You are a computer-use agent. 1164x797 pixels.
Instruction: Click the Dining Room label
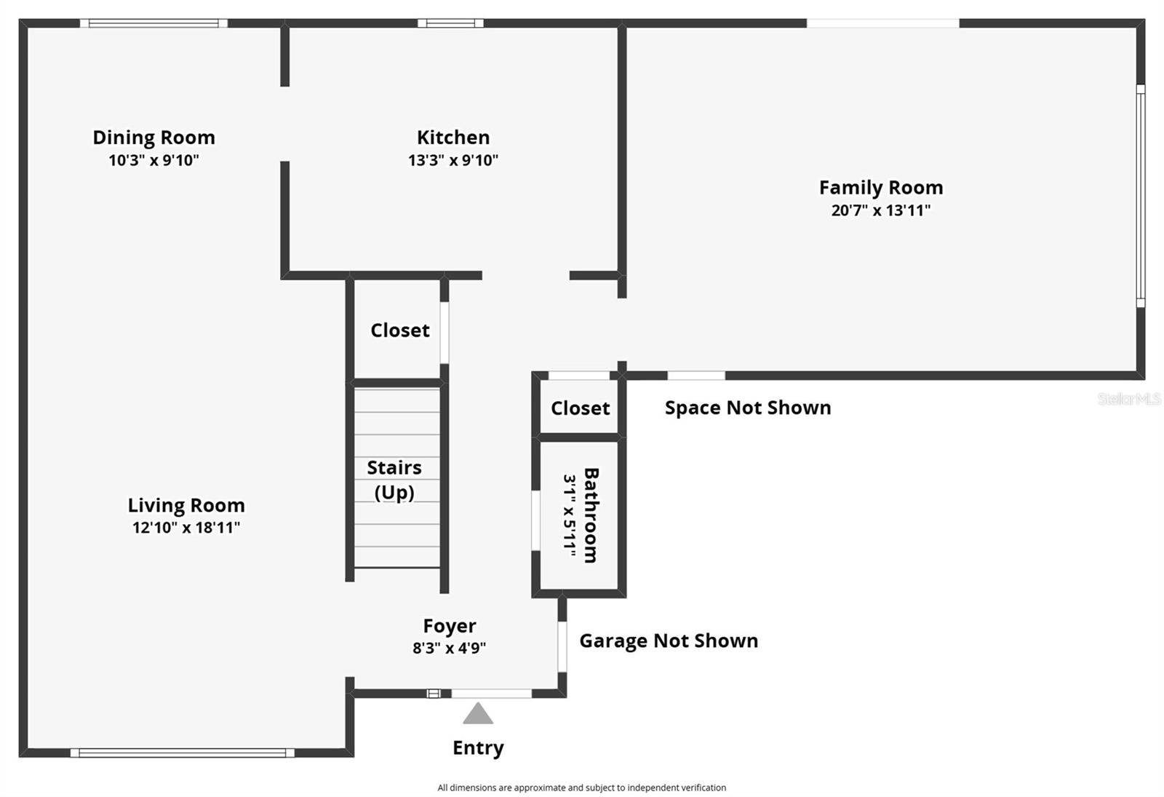(154, 138)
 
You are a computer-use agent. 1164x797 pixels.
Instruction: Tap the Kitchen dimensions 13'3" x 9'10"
(453, 160)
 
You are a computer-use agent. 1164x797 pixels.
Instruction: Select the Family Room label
(880, 188)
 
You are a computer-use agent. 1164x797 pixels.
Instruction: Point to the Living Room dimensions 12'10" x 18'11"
(186, 528)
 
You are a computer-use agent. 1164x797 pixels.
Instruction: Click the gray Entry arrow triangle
(478, 714)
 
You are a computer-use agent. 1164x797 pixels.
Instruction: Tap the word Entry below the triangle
(478, 748)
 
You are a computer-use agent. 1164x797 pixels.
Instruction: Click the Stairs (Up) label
(394, 480)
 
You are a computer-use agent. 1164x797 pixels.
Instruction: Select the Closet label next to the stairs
(399, 330)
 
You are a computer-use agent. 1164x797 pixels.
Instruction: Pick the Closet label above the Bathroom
(580, 408)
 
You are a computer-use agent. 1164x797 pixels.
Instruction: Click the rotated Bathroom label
(591, 515)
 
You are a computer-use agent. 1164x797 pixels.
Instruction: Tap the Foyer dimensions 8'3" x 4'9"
(449, 648)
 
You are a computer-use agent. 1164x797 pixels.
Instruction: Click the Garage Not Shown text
(668, 641)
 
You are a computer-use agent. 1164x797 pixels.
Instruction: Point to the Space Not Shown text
(747, 408)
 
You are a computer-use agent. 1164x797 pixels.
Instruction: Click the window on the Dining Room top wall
(154, 23)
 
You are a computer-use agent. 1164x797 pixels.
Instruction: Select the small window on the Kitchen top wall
(450, 23)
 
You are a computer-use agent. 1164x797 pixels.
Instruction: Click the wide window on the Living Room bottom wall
(182, 753)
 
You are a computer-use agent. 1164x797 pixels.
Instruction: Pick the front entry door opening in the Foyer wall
(492, 694)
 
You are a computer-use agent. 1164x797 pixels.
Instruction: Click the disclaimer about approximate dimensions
(581, 788)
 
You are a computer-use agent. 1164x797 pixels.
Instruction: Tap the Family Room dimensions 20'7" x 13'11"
(880, 210)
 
